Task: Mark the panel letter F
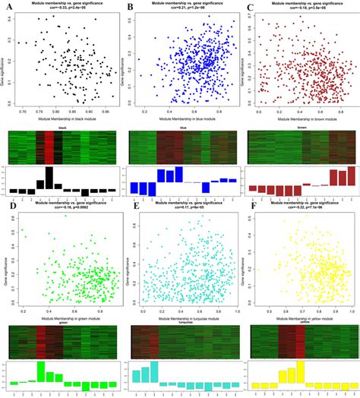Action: [x=250, y=204]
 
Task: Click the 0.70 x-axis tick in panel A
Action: [x=24, y=112]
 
